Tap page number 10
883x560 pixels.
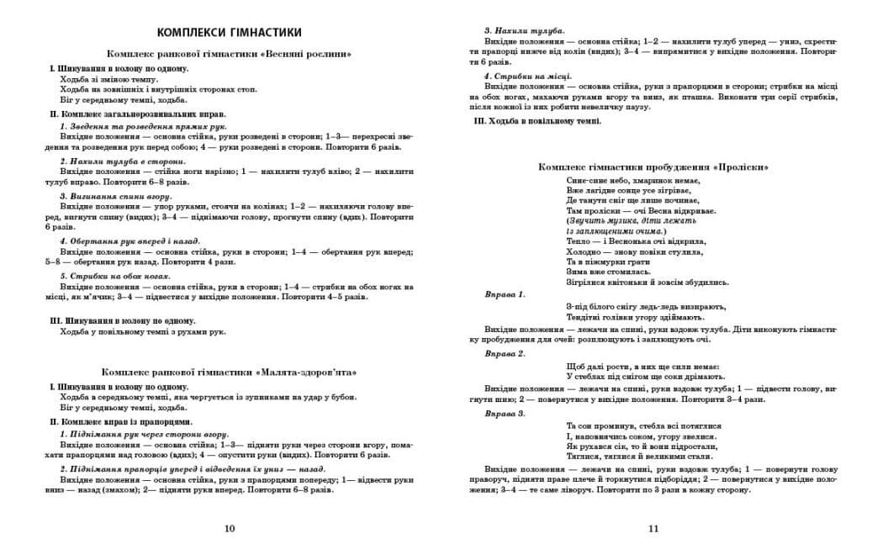(230, 528)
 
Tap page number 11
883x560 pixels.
(653, 528)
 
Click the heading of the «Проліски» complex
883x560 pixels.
(653, 166)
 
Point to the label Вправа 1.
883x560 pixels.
(505, 294)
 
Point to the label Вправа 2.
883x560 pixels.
(505, 353)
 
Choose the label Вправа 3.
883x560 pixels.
(505, 413)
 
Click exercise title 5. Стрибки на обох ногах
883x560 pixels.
(115, 276)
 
